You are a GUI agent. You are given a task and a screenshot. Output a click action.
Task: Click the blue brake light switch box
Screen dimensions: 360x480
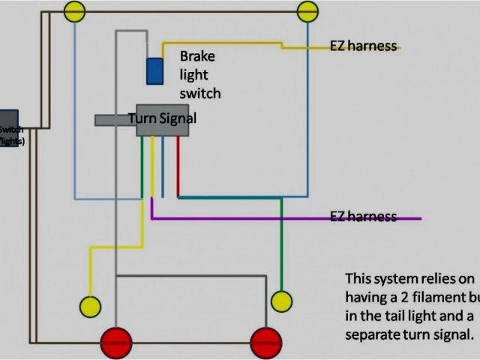(156, 70)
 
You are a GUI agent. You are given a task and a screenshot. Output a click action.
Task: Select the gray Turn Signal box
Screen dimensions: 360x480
(162, 120)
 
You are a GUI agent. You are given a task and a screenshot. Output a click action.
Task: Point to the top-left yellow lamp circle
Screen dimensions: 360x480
(74, 10)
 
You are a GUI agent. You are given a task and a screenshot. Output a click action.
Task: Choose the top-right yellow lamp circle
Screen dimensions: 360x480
(307, 10)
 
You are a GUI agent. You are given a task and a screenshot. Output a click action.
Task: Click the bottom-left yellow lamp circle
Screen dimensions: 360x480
(91, 306)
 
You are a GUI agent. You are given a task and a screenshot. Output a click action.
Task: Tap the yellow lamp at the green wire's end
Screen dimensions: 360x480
(281, 301)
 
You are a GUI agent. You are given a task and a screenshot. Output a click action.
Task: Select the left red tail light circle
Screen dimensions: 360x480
(116, 343)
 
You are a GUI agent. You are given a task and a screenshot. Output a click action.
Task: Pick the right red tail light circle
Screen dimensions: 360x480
(265, 343)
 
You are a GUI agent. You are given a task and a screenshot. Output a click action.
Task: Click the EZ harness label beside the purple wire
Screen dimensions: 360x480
(363, 217)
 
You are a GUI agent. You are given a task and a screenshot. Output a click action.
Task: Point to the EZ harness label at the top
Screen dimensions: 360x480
(363, 46)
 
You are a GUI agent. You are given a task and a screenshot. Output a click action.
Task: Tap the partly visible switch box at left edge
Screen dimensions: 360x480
(8, 128)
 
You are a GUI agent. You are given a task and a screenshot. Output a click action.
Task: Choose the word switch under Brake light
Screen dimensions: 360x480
(200, 94)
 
